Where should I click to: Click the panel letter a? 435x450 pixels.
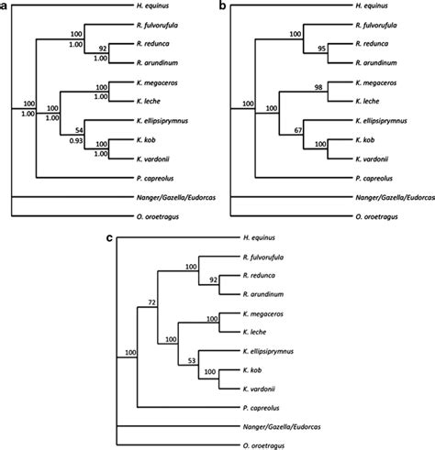6,6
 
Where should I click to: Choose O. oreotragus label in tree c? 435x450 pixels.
264,443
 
